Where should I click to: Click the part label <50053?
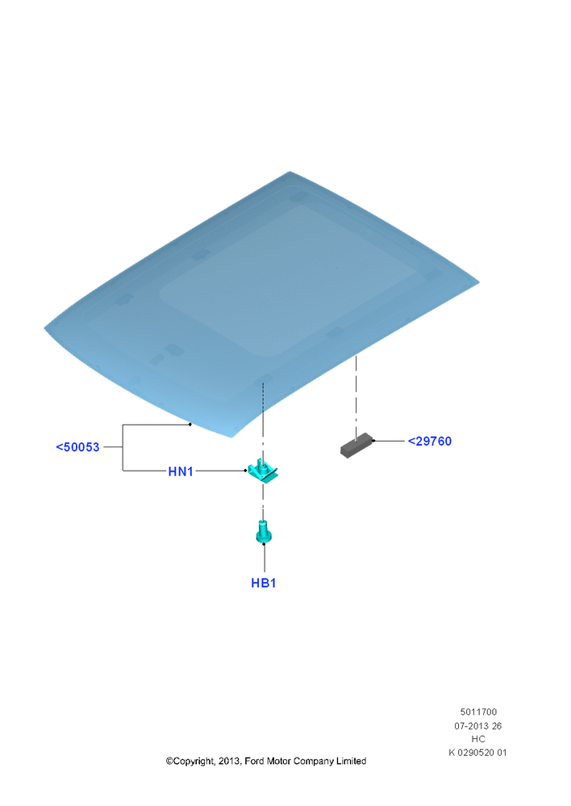(77, 447)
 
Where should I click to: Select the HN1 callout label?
(181, 472)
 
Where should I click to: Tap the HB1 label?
(264, 583)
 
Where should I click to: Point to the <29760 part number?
(430, 441)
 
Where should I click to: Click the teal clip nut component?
(263, 470)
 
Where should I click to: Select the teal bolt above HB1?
(264, 531)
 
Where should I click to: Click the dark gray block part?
(356, 445)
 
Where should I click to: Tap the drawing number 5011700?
(478, 712)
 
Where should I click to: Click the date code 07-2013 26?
(478, 726)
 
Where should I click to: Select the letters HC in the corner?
(478, 739)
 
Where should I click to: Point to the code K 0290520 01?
(478, 753)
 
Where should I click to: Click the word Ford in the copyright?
(254, 761)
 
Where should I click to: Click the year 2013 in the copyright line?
(229, 761)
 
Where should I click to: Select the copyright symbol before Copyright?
(169, 762)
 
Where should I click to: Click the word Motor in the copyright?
(278, 761)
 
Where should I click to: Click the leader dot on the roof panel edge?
(190, 425)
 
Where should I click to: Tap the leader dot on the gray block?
(373, 441)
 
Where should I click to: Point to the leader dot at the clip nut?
(245, 471)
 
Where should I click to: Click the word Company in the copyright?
(313, 762)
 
